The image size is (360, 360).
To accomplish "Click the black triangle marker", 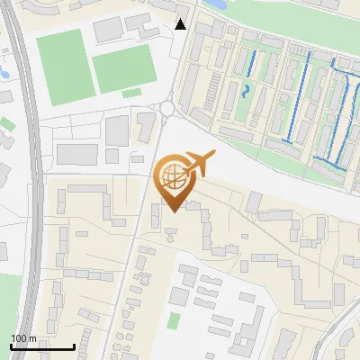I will point(181,24).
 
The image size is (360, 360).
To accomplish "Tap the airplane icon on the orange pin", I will point(200,164).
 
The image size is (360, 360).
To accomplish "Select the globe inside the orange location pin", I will point(171,175).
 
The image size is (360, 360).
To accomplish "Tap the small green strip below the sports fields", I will point(132,92).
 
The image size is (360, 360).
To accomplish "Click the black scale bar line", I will point(41,346).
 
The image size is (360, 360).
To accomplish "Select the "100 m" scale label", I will point(23,338).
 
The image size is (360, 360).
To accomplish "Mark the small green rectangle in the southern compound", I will point(174,320).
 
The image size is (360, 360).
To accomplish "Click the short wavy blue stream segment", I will point(246,91).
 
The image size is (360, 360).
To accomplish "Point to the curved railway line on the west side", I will point(36,180).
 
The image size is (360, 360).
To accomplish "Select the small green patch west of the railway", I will point(7,123).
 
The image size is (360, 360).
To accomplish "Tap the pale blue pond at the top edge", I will point(216,4).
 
